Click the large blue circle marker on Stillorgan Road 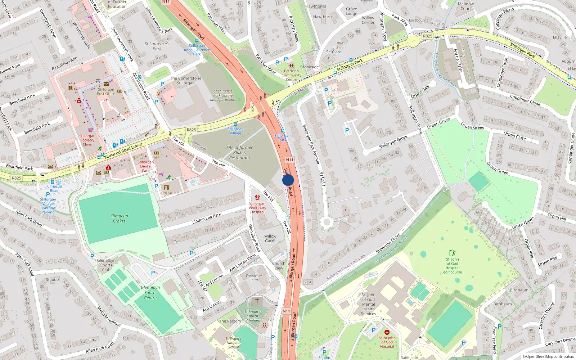[288, 180]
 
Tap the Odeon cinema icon [166, 188]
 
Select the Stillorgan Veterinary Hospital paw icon [257, 198]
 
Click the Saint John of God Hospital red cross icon [387, 332]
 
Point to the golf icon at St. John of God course [452, 253]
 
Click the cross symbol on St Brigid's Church [257, 301]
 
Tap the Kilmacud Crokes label [119, 219]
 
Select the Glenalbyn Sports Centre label [150, 293]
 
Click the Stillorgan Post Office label [106, 91]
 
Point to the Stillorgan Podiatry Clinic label [87, 140]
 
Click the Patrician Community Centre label [291, 75]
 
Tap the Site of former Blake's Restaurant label [239, 153]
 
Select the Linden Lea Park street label [207, 218]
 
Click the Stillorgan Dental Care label [145, 166]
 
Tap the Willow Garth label [270, 239]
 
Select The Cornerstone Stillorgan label [185, 81]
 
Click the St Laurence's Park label [157, 46]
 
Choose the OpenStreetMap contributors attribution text [548, 357]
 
